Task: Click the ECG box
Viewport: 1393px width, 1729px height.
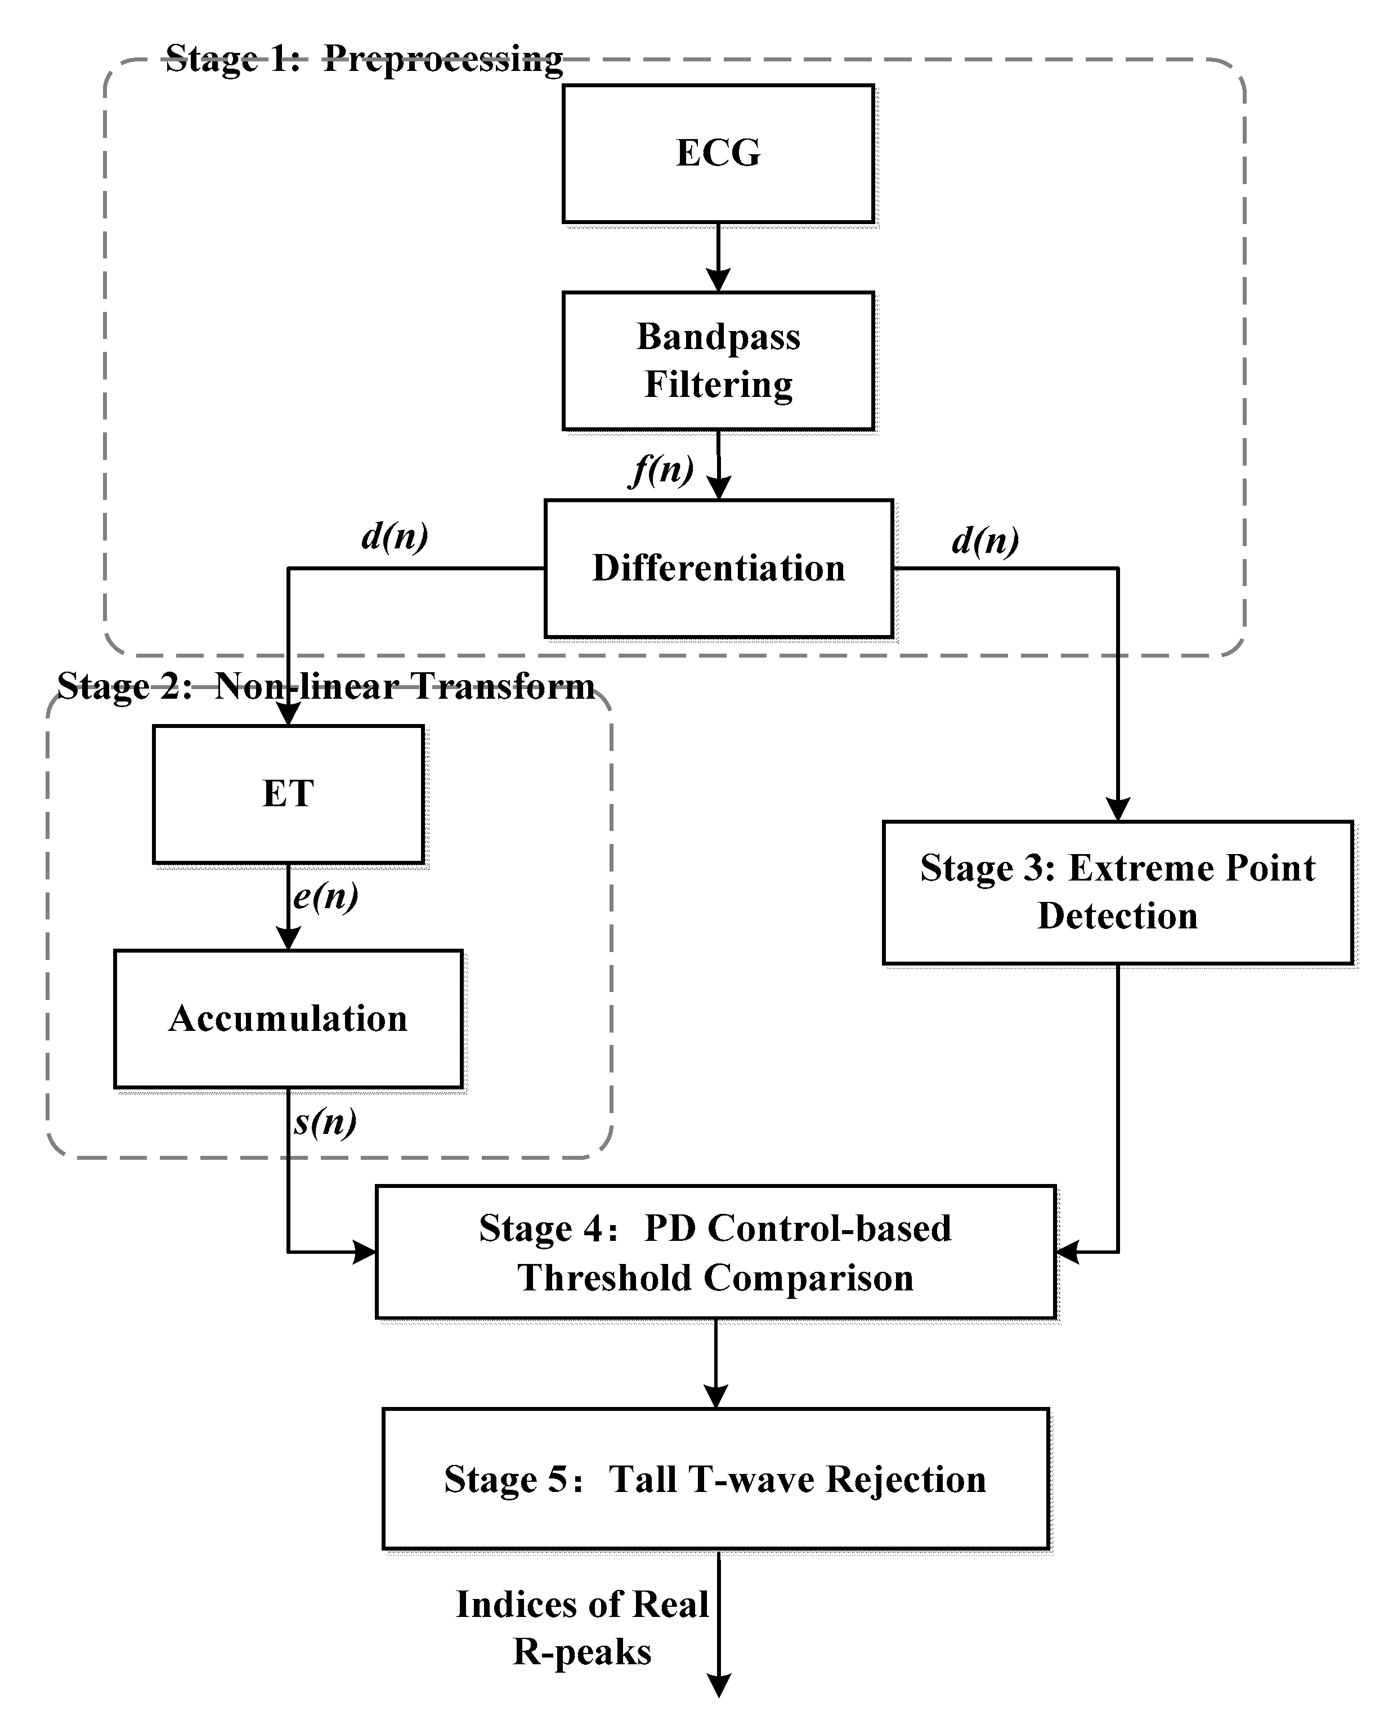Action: pyautogui.click(x=718, y=153)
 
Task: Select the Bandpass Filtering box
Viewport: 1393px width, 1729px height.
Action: pyautogui.click(x=718, y=360)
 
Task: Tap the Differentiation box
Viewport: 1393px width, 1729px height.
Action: pyautogui.click(x=718, y=568)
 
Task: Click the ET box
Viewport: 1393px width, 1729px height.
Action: pyautogui.click(x=288, y=794)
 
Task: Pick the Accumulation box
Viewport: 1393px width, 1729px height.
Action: pyautogui.click(x=288, y=1018)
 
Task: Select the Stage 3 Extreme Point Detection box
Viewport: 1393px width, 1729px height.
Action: pyautogui.click(x=1117, y=892)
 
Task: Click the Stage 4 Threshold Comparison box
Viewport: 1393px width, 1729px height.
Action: pyautogui.click(x=715, y=1252)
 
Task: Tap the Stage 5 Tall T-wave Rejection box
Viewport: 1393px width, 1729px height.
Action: pyautogui.click(x=715, y=1478)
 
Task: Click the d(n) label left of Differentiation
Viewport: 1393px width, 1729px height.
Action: pyautogui.click(x=394, y=536)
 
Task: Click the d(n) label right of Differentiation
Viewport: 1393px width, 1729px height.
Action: pyautogui.click(x=984, y=541)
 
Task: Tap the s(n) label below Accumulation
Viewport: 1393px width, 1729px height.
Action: pyautogui.click(x=324, y=1122)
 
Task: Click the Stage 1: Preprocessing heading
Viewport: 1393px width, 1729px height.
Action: pyautogui.click(x=364, y=59)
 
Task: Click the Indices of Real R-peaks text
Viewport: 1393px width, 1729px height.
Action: pyautogui.click(x=582, y=1628)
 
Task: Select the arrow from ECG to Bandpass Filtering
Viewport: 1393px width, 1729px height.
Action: pyautogui.click(x=718, y=257)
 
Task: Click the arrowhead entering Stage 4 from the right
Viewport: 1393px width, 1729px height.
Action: pyautogui.click(x=1067, y=1252)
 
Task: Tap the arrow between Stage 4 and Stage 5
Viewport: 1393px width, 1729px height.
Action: pyautogui.click(x=715, y=1362)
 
